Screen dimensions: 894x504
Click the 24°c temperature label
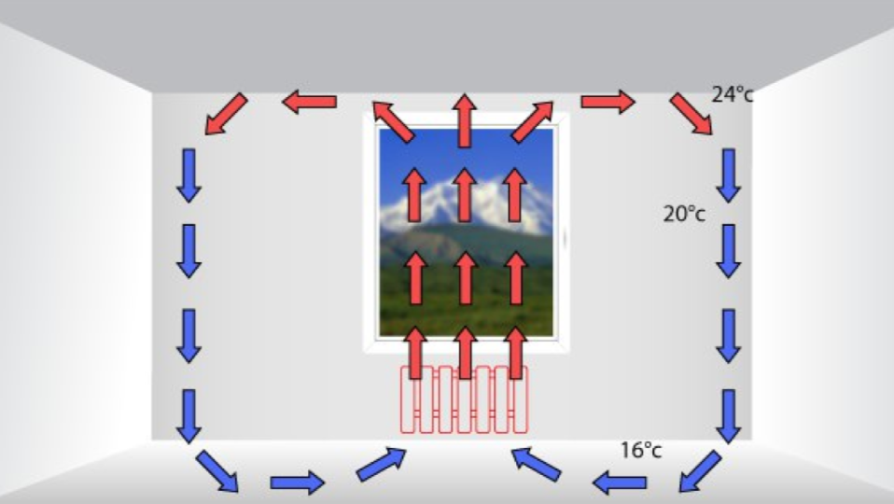click(732, 95)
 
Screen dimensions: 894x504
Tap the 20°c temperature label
click(684, 214)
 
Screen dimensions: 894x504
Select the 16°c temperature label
click(641, 451)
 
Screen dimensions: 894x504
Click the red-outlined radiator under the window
click(464, 399)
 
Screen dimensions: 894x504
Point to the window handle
click(565, 238)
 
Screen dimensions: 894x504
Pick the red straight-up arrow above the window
click(464, 120)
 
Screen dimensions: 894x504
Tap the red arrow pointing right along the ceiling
click(608, 101)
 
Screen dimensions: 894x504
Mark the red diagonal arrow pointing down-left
click(227, 114)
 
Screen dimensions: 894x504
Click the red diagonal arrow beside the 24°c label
click(691, 114)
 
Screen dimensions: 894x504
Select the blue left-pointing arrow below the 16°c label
click(621, 483)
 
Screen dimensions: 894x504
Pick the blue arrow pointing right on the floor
click(298, 483)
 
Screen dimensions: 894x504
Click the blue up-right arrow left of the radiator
click(382, 464)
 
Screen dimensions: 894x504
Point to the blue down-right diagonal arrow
click(217, 471)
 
